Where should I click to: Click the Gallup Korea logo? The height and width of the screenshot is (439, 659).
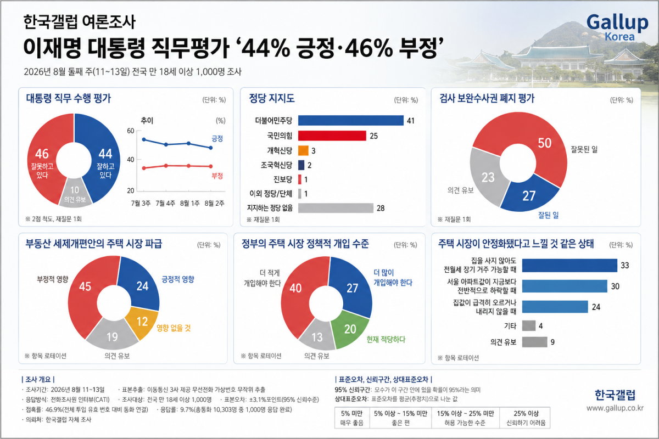[617, 27]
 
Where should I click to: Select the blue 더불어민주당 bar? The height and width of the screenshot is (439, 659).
[351, 120]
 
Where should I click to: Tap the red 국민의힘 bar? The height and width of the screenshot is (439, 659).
[332, 136]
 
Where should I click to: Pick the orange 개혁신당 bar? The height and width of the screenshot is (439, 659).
[303, 150]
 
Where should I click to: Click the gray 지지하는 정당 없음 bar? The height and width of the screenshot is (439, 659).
[336, 208]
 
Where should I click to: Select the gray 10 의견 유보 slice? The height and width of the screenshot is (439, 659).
[75, 193]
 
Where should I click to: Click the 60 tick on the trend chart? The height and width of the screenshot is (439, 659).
[130, 131]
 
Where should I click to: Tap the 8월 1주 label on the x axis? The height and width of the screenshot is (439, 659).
[190, 203]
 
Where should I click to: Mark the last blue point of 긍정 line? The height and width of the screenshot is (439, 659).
[211, 148]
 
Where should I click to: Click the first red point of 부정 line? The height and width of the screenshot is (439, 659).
[144, 168]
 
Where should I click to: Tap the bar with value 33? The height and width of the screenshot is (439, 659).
[569, 266]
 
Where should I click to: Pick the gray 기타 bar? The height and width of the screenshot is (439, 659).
[529, 325]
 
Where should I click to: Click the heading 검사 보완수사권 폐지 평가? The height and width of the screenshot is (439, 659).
[487, 98]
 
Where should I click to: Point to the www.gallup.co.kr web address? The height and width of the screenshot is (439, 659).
[615, 408]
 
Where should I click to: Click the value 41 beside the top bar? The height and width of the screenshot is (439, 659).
[411, 121]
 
